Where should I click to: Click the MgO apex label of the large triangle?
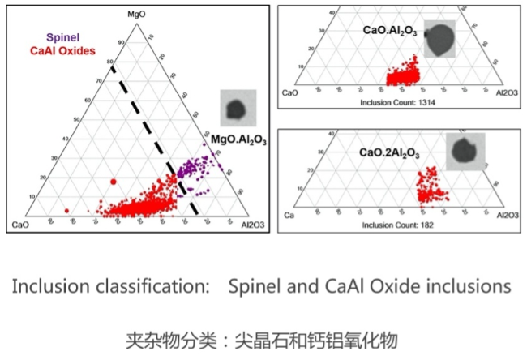coord(135,14)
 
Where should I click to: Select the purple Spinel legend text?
coord(62,37)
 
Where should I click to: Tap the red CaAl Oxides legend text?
coord(63,50)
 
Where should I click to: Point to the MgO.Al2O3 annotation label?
coord(239,139)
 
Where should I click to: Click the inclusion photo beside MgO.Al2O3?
coord(236,108)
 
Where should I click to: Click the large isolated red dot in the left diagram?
coord(114,182)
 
